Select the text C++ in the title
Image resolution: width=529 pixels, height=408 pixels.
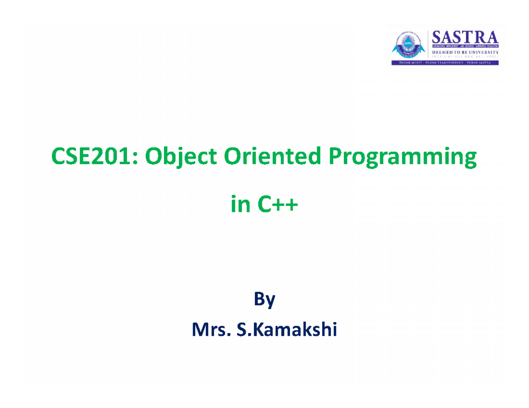(277, 205)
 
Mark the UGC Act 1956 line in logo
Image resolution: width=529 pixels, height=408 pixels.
(465, 57)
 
